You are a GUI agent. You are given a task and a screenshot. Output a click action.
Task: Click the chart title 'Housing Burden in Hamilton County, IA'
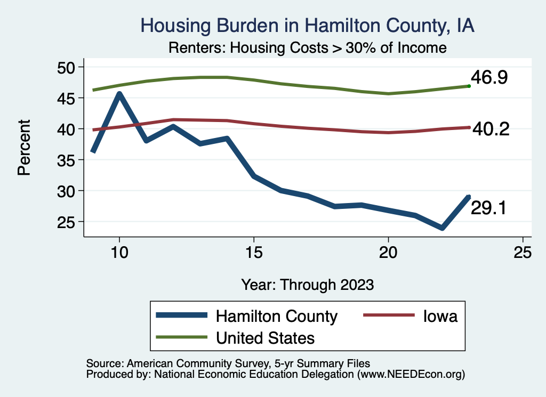pos(307,26)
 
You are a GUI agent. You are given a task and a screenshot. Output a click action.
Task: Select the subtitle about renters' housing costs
pos(307,48)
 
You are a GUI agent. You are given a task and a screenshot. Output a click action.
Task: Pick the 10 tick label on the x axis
pos(119,253)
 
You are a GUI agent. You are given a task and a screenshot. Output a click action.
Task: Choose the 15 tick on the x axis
pos(254,253)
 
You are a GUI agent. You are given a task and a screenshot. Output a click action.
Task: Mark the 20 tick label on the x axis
pos(388,253)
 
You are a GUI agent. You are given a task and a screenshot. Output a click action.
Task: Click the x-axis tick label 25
pos(523,253)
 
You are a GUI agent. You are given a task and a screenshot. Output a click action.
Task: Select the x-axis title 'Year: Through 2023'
pos(307,283)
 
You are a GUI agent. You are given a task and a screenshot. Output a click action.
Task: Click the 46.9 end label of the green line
pos(489,78)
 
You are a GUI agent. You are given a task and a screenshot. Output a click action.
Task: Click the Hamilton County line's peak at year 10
pos(119,94)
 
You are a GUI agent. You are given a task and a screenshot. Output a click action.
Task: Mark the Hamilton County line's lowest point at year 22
pos(442,228)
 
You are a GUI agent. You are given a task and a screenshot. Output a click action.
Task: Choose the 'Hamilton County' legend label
pos(276,316)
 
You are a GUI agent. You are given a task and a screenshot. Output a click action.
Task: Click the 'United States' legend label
pos(265,337)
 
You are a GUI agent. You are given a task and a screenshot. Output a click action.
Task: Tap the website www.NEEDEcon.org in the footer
pos(411,375)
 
